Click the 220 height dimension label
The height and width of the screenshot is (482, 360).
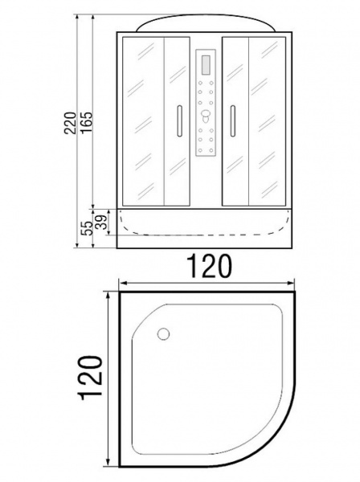coord(70,122)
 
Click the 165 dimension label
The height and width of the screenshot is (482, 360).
coord(87,122)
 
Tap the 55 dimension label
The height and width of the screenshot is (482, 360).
coord(88,228)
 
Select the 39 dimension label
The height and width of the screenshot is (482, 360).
coord(102,222)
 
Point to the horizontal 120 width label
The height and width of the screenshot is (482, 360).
coord(209,266)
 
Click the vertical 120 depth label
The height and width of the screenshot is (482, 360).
coord(91,378)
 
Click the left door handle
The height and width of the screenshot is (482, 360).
coord(179,120)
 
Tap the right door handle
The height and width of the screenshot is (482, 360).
coord(233,120)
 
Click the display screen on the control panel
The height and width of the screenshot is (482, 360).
coord(206,64)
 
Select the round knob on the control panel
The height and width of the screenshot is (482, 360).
coord(206,116)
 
